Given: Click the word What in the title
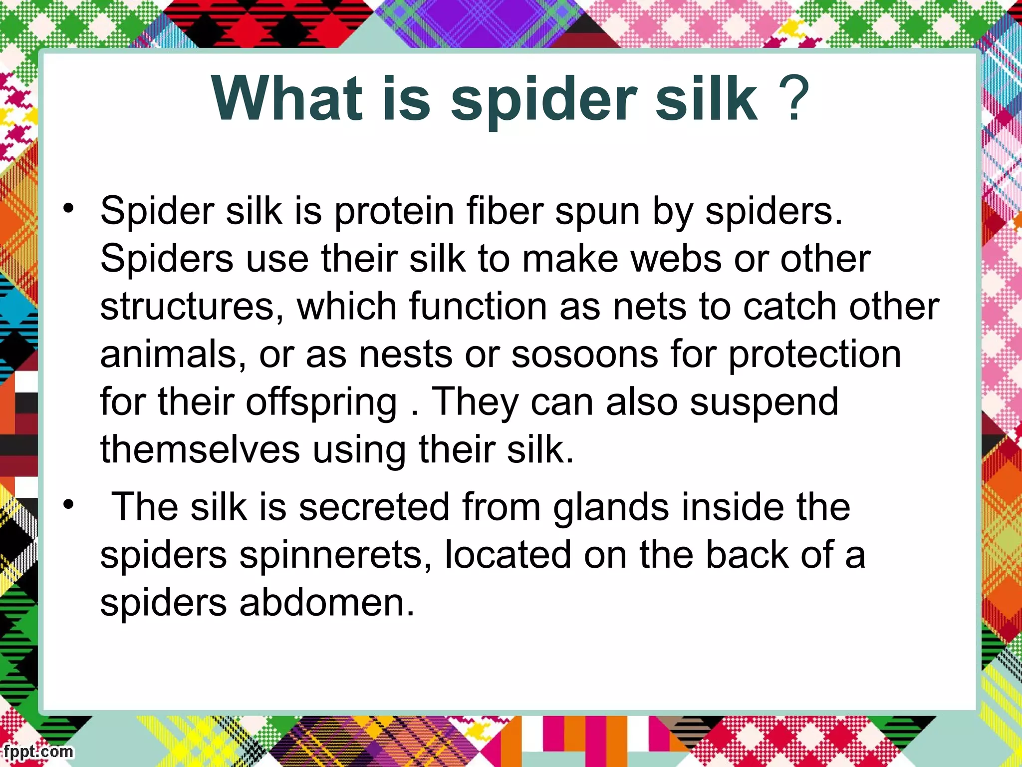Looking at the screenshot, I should pos(287,98).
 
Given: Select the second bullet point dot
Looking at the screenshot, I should pos(68,504).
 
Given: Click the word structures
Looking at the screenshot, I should pos(188,307).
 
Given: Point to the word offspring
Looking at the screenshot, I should pos(321,402).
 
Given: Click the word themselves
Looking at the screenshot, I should pos(200,449).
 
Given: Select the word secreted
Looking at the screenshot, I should pos(374,507).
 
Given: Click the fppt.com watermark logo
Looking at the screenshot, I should pos(38,752).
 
